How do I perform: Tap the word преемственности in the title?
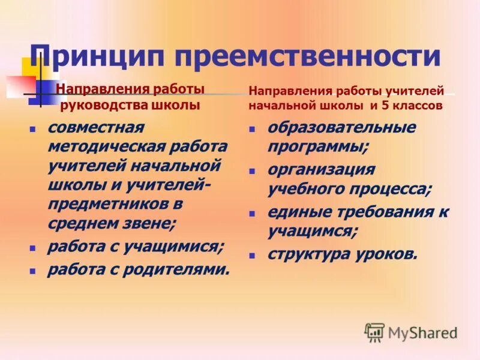tap(308, 56)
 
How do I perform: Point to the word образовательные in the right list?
tap(341, 128)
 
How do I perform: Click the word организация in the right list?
tap(321, 170)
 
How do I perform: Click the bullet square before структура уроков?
tap(253, 255)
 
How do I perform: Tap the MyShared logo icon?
tap(374, 332)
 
